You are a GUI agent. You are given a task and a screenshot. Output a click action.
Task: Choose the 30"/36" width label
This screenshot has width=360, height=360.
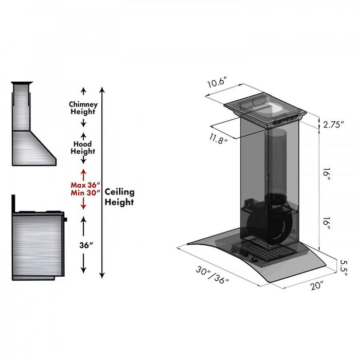click(212, 276)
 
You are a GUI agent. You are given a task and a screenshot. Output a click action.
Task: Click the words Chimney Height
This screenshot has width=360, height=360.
click(83, 108)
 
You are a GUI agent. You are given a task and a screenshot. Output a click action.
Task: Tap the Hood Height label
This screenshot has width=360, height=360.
click(83, 148)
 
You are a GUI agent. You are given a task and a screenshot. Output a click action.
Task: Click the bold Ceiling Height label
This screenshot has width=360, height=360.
click(119, 196)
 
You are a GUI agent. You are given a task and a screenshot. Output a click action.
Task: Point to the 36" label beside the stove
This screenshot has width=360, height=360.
click(83, 245)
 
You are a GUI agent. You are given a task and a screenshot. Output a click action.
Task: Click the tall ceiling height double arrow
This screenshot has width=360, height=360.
click(102, 182)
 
